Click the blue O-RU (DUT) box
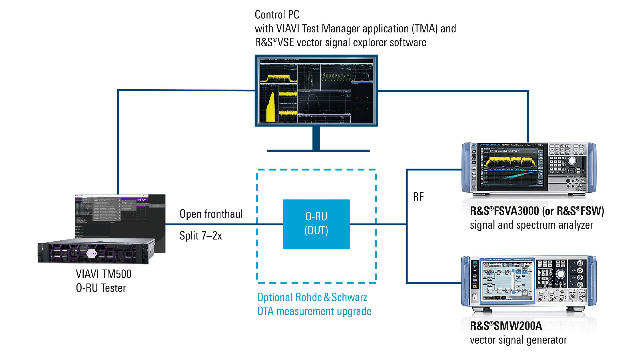click(316, 224)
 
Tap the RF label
click(418, 197)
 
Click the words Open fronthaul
click(211, 214)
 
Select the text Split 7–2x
click(200, 236)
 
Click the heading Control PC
click(277, 15)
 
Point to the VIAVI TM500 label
click(103, 274)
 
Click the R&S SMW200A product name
click(506, 326)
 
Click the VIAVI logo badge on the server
click(91, 253)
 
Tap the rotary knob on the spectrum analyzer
click(572, 161)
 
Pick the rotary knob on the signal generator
click(560, 274)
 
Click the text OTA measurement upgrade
click(314, 311)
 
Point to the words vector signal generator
click(518, 340)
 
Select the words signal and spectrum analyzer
click(531, 225)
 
